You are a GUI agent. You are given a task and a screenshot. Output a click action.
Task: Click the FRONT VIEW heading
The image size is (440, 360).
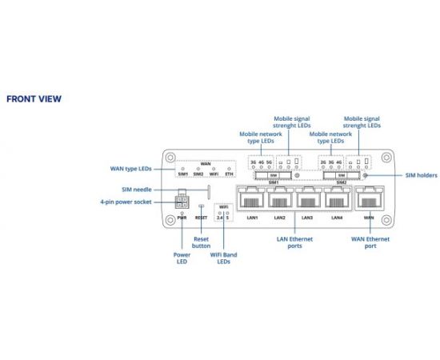[34, 98]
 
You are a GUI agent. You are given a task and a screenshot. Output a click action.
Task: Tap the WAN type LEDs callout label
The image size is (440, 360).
[130, 169]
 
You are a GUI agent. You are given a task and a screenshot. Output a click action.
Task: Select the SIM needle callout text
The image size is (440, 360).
[137, 190]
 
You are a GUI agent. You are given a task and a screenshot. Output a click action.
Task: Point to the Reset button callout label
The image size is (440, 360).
[201, 242]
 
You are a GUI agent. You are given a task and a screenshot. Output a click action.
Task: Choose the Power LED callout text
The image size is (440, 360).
[182, 258]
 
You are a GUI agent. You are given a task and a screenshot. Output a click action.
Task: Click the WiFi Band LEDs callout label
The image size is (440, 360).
[224, 258]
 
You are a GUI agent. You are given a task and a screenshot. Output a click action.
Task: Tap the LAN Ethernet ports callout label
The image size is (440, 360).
[294, 242]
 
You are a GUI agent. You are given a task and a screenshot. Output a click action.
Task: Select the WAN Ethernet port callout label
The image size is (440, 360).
[370, 242]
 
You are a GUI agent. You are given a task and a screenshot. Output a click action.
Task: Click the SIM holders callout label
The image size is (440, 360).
[421, 175]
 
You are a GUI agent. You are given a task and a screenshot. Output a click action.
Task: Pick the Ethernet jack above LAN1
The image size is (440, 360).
[251, 198]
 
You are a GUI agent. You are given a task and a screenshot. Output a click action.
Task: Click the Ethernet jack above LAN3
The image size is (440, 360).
[308, 198]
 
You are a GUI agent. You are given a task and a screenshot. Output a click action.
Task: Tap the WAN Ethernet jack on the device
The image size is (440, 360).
[370, 198]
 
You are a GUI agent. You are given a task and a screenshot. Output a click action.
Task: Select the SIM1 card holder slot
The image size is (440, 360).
[274, 175]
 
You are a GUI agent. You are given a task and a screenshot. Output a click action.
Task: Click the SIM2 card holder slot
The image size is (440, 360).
[342, 175]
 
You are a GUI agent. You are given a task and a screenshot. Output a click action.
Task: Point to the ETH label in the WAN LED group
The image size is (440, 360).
[230, 174]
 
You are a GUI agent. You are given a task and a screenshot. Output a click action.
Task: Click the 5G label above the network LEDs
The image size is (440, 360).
[269, 162]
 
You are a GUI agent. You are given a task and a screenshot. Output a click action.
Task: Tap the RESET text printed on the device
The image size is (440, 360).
[201, 218]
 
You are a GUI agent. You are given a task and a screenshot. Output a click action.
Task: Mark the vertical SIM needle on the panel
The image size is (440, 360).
[209, 192]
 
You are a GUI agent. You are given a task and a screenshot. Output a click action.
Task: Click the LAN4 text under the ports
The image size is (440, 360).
[337, 218]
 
